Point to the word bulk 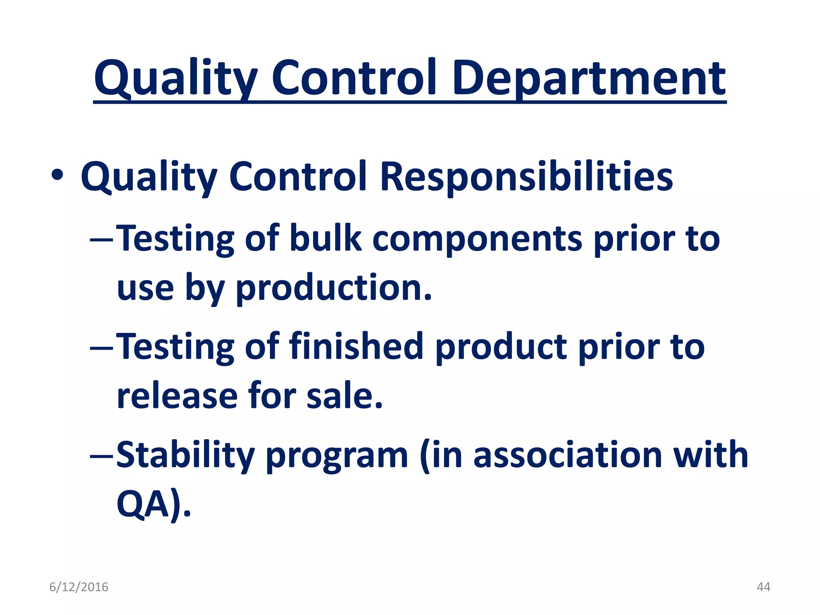pos(325,239)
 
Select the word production pos(334,288)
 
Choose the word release pos(177,396)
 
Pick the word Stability pos(185,456)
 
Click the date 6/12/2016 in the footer pos(79,587)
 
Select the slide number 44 pos(763,587)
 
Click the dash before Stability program pos(102,456)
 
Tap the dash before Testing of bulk pos(102,240)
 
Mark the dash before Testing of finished pos(102,348)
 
